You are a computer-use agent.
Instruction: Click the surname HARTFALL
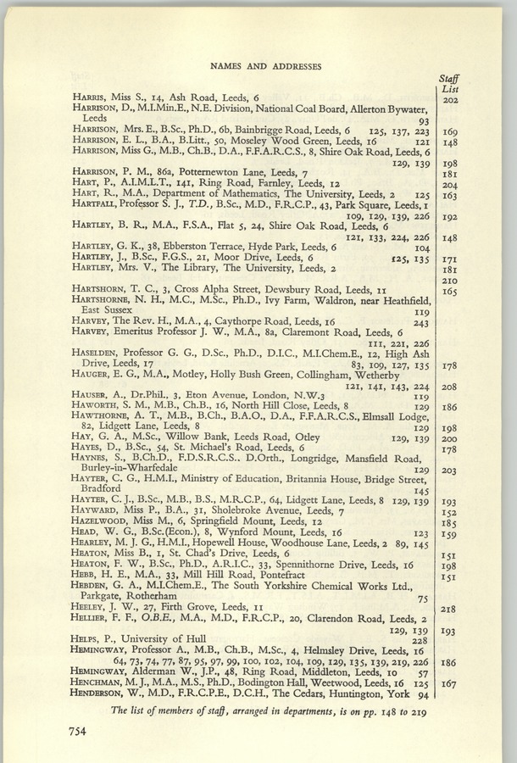coord(96,205)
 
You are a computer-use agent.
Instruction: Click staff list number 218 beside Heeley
coord(450,608)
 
